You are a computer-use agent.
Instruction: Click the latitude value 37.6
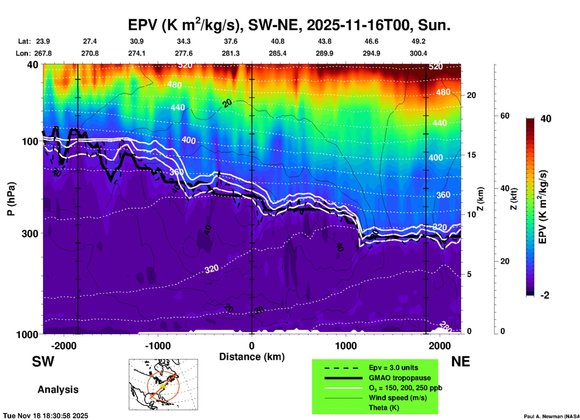click(230, 41)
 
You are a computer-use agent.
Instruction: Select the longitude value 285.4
click(277, 54)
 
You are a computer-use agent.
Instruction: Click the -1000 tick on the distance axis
click(157, 346)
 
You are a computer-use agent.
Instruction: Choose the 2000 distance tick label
click(440, 346)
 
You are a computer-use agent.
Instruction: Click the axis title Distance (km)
click(252, 357)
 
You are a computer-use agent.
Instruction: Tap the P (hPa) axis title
click(11, 199)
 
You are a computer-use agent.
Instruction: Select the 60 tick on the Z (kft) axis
click(505, 116)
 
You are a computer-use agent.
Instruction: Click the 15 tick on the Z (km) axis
click(471, 155)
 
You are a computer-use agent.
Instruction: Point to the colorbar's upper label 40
click(546, 119)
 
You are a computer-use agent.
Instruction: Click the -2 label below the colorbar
click(545, 295)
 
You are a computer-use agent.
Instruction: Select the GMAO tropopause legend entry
click(400, 378)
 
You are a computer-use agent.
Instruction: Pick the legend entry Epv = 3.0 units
click(393, 368)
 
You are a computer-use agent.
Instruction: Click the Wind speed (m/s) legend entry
click(398, 398)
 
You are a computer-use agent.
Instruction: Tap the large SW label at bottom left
click(43, 362)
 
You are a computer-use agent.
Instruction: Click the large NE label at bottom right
click(460, 362)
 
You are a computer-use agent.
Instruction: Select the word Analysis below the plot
click(58, 390)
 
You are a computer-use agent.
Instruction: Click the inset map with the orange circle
click(163, 384)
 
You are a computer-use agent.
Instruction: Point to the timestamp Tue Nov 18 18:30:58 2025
click(46, 416)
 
